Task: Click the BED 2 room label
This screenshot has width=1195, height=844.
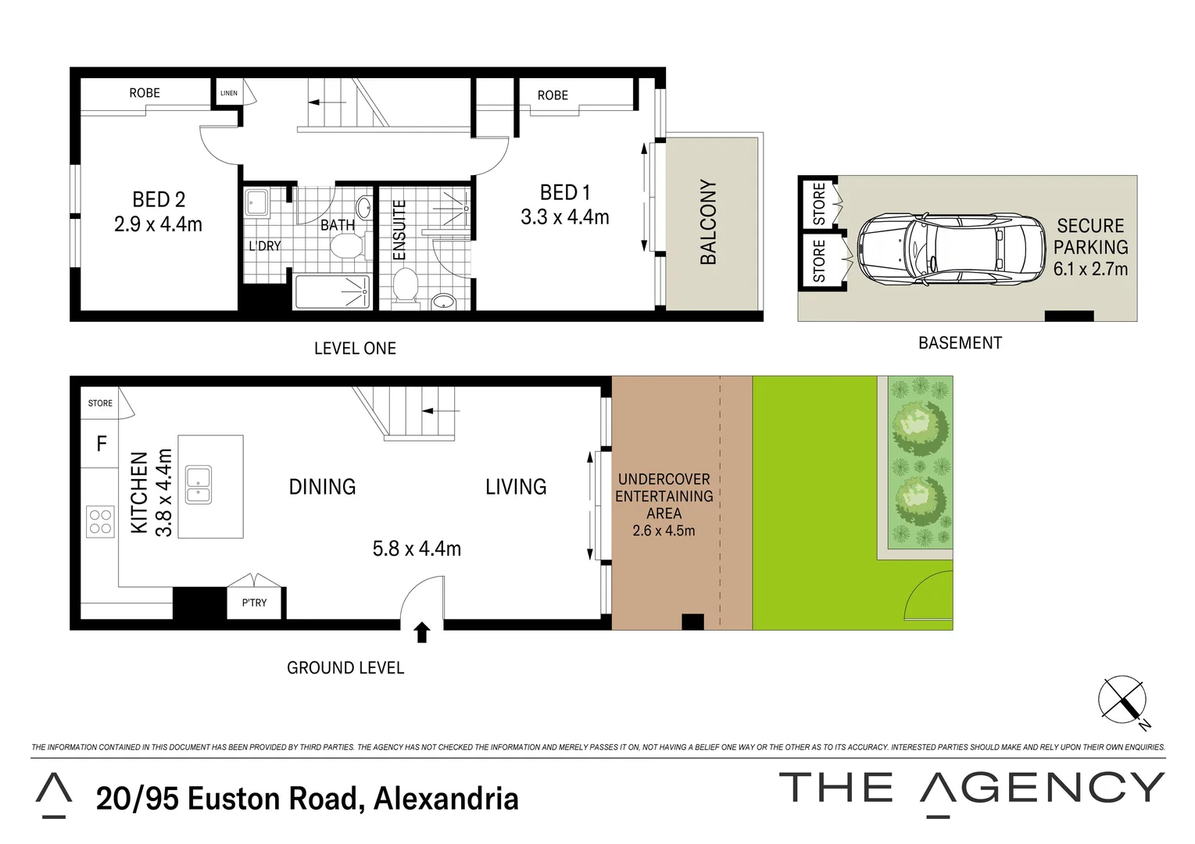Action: tap(158, 200)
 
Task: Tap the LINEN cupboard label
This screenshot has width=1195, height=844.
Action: tap(228, 93)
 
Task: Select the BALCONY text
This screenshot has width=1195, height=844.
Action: tap(708, 222)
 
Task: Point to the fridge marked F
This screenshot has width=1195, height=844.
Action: tap(101, 444)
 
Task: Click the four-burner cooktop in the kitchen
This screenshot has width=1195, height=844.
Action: tap(100, 521)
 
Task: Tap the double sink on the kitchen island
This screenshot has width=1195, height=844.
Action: tap(198, 485)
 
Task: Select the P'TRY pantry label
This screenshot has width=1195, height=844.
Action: tap(254, 603)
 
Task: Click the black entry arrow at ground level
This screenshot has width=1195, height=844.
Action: tap(422, 631)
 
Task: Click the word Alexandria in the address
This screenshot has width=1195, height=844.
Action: tap(445, 799)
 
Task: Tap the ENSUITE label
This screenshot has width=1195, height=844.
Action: tap(399, 231)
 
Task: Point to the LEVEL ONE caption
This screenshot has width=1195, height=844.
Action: tap(355, 349)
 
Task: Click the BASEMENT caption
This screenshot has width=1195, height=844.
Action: tap(960, 342)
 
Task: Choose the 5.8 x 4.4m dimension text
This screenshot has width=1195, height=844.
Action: tap(417, 549)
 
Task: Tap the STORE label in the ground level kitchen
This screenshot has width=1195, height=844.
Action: tap(100, 403)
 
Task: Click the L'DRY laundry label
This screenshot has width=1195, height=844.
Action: tap(264, 245)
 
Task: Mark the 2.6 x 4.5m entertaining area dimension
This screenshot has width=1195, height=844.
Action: tap(664, 531)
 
